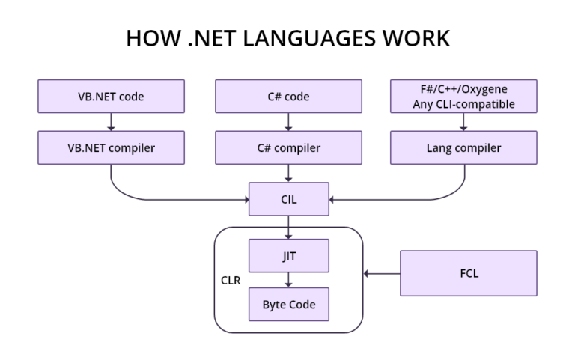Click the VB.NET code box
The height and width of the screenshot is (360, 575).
pos(111,96)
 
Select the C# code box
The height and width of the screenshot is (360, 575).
pos(288,96)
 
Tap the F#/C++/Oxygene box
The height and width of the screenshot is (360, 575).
pos(464,96)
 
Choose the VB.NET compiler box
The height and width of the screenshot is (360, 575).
pos(111,147)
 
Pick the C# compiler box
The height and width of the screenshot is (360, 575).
pos(288,147)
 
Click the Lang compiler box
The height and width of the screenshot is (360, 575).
pos(464,147)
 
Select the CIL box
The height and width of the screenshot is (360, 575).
pos(288,200)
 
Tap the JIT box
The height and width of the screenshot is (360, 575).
pos(288,256)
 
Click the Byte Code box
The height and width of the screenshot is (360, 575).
pos(288,305)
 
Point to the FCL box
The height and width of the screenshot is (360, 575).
pos(469,273)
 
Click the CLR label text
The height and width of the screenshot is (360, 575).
pos(231,280)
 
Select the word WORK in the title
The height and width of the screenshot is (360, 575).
pos(417,38)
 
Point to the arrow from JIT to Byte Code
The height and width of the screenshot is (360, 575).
pos(288,280)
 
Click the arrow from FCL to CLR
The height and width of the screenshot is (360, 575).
pos(382,273)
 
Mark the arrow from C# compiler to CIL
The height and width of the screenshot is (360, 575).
pos(288,174)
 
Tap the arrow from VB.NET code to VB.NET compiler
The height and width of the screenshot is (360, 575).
pos(111,122)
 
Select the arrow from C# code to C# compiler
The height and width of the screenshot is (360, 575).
pos(288,122)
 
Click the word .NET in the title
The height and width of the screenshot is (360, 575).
pos(204,38)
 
